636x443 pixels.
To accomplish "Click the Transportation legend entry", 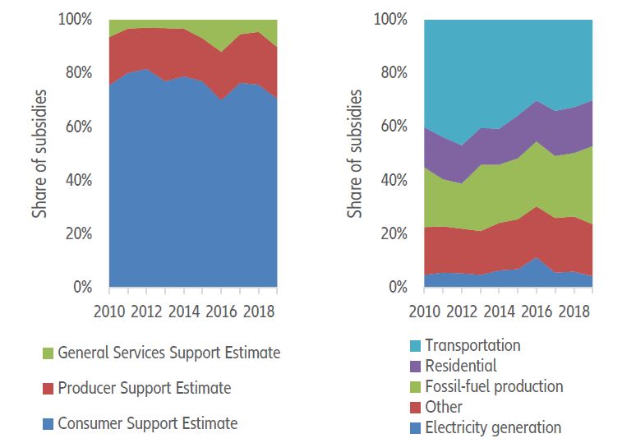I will [472, 346].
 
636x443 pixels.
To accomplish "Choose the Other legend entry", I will [445, 407].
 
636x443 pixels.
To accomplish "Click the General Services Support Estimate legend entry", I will [168, 353].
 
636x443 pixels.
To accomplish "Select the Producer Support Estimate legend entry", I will [144, 388].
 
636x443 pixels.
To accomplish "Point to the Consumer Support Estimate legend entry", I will [147, 424].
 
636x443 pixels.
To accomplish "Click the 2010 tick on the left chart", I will [109, 311].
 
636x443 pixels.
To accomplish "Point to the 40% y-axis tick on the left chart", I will [81, 180].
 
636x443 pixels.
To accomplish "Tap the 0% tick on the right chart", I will [399, 288].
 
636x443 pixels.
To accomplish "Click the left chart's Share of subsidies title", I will [39, 153].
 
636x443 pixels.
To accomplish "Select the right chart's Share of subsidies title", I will [354, 153].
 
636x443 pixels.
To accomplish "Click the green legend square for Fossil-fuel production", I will [416, 387].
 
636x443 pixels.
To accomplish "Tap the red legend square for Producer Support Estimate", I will [48, 389].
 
